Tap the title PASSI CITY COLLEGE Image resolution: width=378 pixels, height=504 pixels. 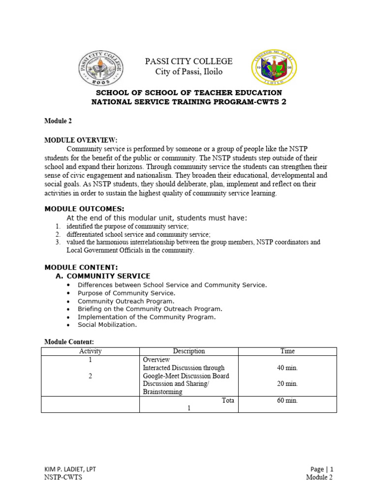188,61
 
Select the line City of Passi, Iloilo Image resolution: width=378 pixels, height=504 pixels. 189,72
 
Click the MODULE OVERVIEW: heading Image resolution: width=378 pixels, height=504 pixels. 81,140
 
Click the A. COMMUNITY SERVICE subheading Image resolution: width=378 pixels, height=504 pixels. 104,276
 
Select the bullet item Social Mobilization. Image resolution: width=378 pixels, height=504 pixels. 107,325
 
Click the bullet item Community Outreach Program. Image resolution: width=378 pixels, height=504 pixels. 126,301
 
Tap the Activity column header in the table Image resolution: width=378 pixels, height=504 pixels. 90,351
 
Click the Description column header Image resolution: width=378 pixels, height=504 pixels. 189,351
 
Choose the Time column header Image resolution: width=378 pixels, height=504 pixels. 287,351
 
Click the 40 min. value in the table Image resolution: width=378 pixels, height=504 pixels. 287,368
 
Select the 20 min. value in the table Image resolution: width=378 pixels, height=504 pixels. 287,383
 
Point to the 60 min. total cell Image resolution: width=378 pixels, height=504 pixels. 287,401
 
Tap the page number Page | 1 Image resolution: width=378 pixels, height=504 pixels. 321,469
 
